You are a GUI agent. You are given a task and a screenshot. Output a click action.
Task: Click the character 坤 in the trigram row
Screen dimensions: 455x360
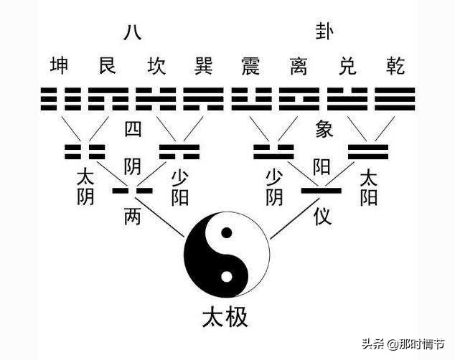(60, 65)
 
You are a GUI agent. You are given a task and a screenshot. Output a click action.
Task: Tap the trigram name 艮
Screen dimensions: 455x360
(108, 65)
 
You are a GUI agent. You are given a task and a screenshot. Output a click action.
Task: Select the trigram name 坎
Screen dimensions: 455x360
(156, 65)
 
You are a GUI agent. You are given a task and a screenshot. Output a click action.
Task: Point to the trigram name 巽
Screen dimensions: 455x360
(204, 65)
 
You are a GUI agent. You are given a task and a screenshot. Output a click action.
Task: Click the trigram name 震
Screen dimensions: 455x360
(251, 65)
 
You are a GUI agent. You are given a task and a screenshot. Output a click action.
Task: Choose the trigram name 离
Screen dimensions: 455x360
(299, 65)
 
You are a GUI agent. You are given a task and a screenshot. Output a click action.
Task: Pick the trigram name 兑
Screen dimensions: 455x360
(347, 65)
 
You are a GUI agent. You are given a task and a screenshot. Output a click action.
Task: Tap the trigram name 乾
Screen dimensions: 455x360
(395, 65)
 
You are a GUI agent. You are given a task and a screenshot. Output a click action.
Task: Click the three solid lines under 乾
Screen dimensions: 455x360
(395, 99)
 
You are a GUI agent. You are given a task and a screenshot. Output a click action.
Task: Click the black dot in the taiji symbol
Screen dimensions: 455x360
(227, 233)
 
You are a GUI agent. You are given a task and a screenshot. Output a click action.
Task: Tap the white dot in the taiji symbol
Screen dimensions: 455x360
(227, 277)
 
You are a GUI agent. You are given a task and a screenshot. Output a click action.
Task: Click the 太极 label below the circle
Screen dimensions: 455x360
(225, 317)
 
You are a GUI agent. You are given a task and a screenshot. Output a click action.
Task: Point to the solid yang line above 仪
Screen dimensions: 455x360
(322, 191)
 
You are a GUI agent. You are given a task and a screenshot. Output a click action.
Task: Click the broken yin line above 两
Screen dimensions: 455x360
(132, 191)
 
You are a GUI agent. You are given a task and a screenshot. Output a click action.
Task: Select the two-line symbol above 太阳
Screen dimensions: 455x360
(368, 152)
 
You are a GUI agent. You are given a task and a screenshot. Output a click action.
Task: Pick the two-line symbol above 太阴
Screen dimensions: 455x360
(85, 152)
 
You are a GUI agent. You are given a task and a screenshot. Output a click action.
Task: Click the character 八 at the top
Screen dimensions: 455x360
(133, 32)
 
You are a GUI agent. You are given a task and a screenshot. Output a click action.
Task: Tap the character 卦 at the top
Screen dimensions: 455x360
(324, 32)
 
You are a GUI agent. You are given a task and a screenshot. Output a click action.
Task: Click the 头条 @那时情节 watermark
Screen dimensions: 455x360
(403, 344)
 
